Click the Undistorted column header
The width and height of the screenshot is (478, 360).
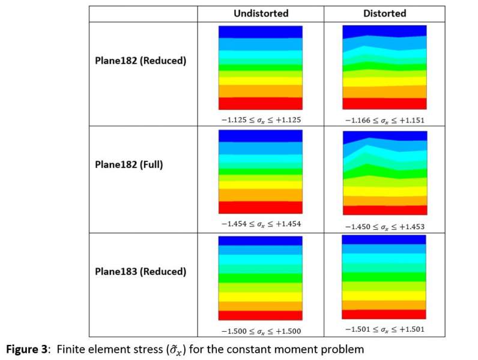[261, 13]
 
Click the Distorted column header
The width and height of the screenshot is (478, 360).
[384, 13]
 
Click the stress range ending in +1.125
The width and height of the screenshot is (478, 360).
[261, 119]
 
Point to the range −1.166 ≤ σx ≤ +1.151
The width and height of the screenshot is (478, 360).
[384, 120]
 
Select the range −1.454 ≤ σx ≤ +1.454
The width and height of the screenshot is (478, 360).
[261, 224]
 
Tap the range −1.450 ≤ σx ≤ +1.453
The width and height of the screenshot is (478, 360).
[384, 227]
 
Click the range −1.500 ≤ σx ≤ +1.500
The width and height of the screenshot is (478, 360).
[261, 331]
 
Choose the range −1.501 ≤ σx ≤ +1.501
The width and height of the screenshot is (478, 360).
[384, 329]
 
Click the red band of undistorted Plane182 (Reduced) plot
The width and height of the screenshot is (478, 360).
[261, 103]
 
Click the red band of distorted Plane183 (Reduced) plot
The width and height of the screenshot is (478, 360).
[384, 314]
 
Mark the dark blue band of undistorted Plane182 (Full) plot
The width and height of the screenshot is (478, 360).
[261, 136]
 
